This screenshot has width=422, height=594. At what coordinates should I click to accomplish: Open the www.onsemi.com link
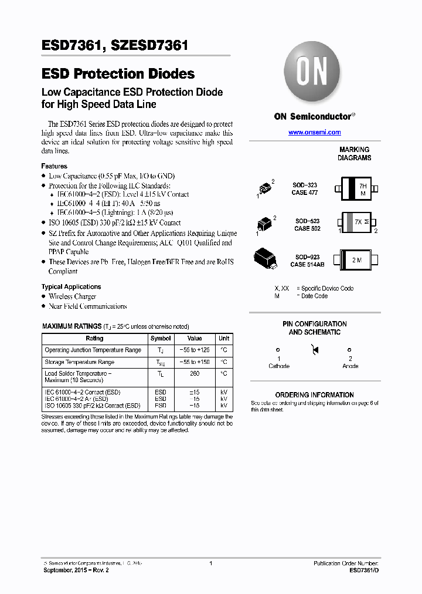click(x=314, y=133)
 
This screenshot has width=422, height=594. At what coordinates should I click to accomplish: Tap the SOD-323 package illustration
click(x=266, y=187)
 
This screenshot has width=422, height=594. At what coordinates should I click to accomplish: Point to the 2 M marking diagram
click(x=357, y=259)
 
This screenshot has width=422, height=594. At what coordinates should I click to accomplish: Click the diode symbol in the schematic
click(x=315, y=350)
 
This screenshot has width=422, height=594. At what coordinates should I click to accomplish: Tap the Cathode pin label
click(x=278, y=366)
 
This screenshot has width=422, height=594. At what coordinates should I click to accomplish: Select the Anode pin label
click(x=350, y=366)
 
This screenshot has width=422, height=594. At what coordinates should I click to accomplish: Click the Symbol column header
click(x=161, y=339)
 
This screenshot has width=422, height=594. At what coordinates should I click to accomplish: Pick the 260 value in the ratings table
click(x=195, y=373)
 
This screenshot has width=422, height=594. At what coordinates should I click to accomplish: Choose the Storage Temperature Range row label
click(x=79, y=362)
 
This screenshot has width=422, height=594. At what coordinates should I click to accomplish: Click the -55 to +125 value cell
click(x=195, y=350)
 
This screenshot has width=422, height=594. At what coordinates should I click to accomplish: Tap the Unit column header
click(x=224, y=339)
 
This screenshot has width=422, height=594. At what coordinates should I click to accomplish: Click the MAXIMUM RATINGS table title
click(x=72, y=326)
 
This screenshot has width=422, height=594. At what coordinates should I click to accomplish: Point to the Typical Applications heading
click(x=71, y=286)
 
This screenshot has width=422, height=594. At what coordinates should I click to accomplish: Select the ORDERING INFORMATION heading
click(x=314, y=395)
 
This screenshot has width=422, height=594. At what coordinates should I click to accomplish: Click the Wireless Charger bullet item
click(x=72, y=296)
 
